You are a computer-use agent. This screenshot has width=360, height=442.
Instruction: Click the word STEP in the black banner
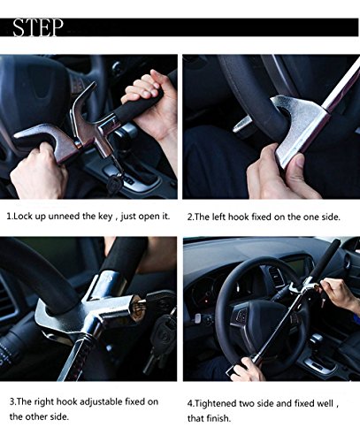click(38, 27)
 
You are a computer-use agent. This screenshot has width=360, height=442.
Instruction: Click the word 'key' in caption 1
click(105, 217)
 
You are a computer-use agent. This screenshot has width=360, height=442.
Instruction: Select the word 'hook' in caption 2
click(239, 217)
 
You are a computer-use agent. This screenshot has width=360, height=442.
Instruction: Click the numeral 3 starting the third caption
click(11, 402)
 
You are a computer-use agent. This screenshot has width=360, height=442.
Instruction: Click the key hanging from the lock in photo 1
click(113, 184)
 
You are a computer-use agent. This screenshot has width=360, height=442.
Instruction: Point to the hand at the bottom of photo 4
click(249, 369)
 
